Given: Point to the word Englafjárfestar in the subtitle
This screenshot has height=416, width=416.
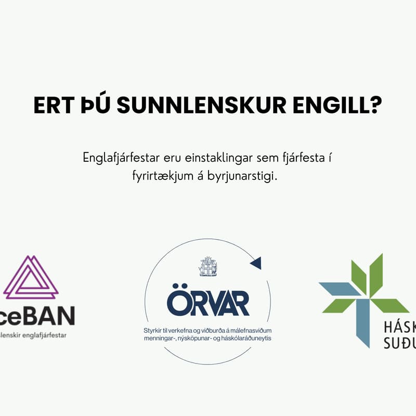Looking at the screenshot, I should tap(118, 158).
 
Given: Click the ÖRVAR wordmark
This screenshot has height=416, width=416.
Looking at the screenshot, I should tap(208, 303).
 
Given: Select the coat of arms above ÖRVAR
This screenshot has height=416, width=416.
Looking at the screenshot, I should tap(208, 266).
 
